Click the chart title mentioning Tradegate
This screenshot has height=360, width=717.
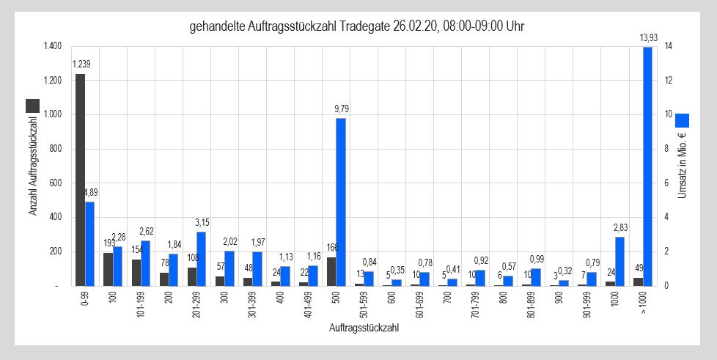pos(357,27)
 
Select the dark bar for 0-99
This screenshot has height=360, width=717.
pos(80,180)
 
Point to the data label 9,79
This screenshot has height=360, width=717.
pos(341,109)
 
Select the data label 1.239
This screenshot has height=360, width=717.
pos(81,65)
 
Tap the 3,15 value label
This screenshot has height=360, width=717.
pos(202,222)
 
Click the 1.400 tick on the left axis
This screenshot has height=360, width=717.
pos(51,47)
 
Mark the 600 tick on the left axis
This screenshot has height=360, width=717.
pos(55,183)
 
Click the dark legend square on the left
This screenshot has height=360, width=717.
pos(33,105)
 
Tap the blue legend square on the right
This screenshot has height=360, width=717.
pos(683,120)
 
